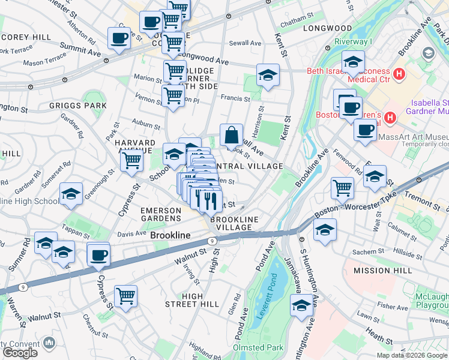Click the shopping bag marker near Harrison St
(231, 136)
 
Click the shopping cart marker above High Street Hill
(125, 296)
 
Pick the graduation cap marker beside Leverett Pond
(301, 305)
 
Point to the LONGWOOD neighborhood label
(327, 28)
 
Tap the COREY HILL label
(26, 37)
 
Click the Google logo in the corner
(20, 353)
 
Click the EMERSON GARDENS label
(161, 215)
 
